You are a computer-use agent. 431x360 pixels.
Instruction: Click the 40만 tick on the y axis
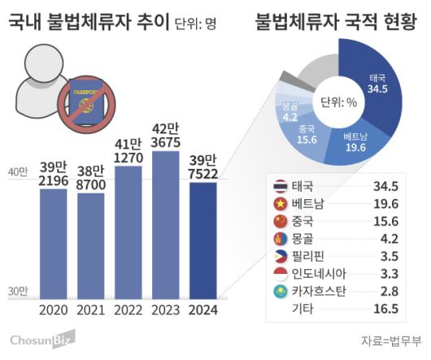click(16, 172)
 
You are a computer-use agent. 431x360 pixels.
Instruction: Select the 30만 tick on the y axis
click(16, 291)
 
